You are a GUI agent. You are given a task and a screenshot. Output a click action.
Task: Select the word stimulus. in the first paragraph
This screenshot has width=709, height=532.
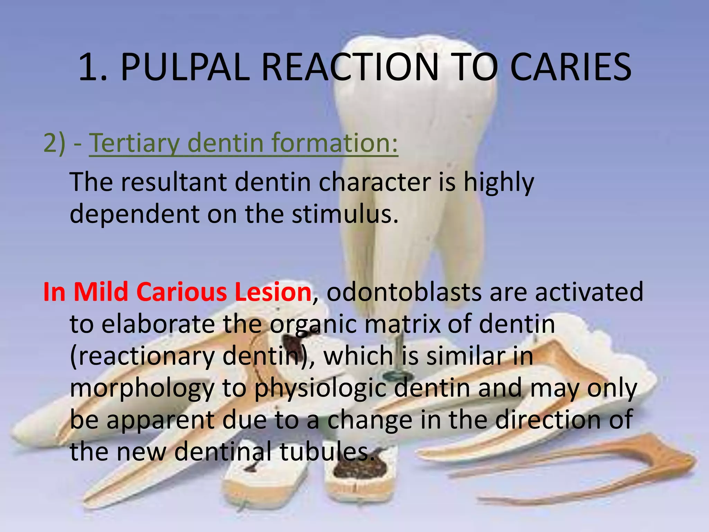[345, 214]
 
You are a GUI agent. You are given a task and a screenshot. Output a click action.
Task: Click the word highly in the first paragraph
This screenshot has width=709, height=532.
[499, 183]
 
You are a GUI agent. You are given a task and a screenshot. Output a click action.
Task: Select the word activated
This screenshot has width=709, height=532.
[589, 292]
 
